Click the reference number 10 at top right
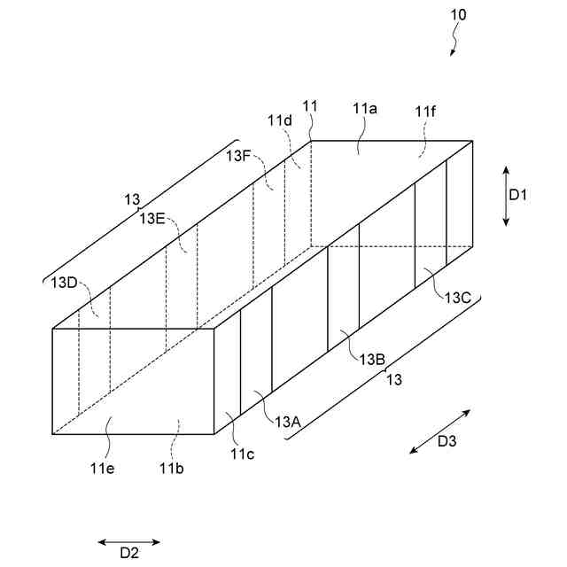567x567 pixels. click(x=458, y=15)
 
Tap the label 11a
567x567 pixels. click(x=364, y=108)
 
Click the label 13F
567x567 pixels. click(x=238, y=155)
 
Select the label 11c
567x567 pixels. click(x=243, y=454)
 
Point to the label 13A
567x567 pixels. click(x=288, y=422)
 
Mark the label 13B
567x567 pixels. click(x=371, y=359)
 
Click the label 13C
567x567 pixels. click(x=457, y=297)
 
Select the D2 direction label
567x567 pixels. click(x=129, y=553)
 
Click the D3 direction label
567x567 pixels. click(x=447, y=442)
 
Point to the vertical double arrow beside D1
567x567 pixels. click(x=505, y=195)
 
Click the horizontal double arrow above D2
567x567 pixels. click(x=129, y=541)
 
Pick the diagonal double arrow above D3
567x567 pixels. click(x=440, y=431)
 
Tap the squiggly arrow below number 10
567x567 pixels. click(x=456, y=40)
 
